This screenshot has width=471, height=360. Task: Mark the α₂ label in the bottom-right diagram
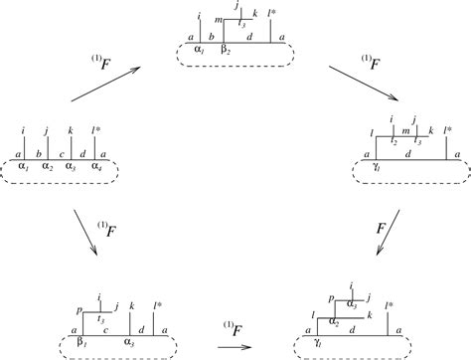(336, 322)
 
